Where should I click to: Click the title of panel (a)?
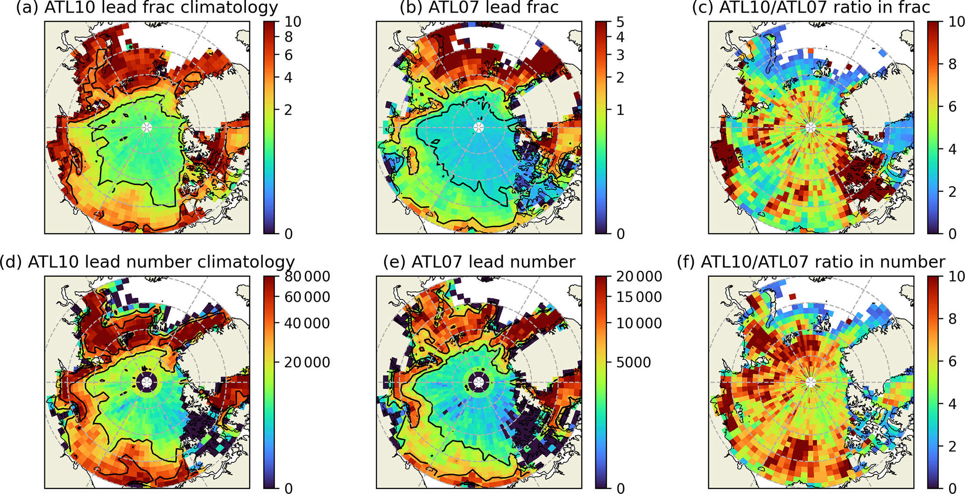pyautogui.click(x=147, y=7)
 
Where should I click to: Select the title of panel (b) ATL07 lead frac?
pyautogui.click(x=479, y=7)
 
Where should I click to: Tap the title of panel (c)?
pyautogui.click(x=811, y=7)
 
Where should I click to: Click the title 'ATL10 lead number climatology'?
pyautogui.click(x=147, y=262)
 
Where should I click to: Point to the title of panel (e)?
pyautogui.click(x=479, y=262)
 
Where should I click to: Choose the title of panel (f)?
pyautogui.click(x=811, y=262)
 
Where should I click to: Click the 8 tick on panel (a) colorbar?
pyautogui.click(x=289, y=37)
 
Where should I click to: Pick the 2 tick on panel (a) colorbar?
pyautogui.click(x=289, y=110)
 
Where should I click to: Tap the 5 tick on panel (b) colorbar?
pyautogui.click(x=620, y=22)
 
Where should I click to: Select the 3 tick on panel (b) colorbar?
pyautogui.click(x=620, y=55)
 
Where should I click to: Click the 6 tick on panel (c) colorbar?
pyautogui.click(x=953, y=107)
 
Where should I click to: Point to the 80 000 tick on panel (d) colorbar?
pyautogui.click(x=307, y=277)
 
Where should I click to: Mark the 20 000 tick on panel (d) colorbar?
pyautogui.click(x=307, y=362)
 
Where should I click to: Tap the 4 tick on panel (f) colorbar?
pyautogui.click(x=953, y=404)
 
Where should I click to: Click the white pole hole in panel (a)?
pyautogui.click(x=147, y=127)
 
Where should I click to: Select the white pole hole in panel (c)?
pyautogui.click(x=811, y=127)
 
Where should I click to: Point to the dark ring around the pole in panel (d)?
pyautogui.click(x=147, y=372)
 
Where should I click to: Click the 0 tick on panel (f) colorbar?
pyautogui.click(x=953, y=488)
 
